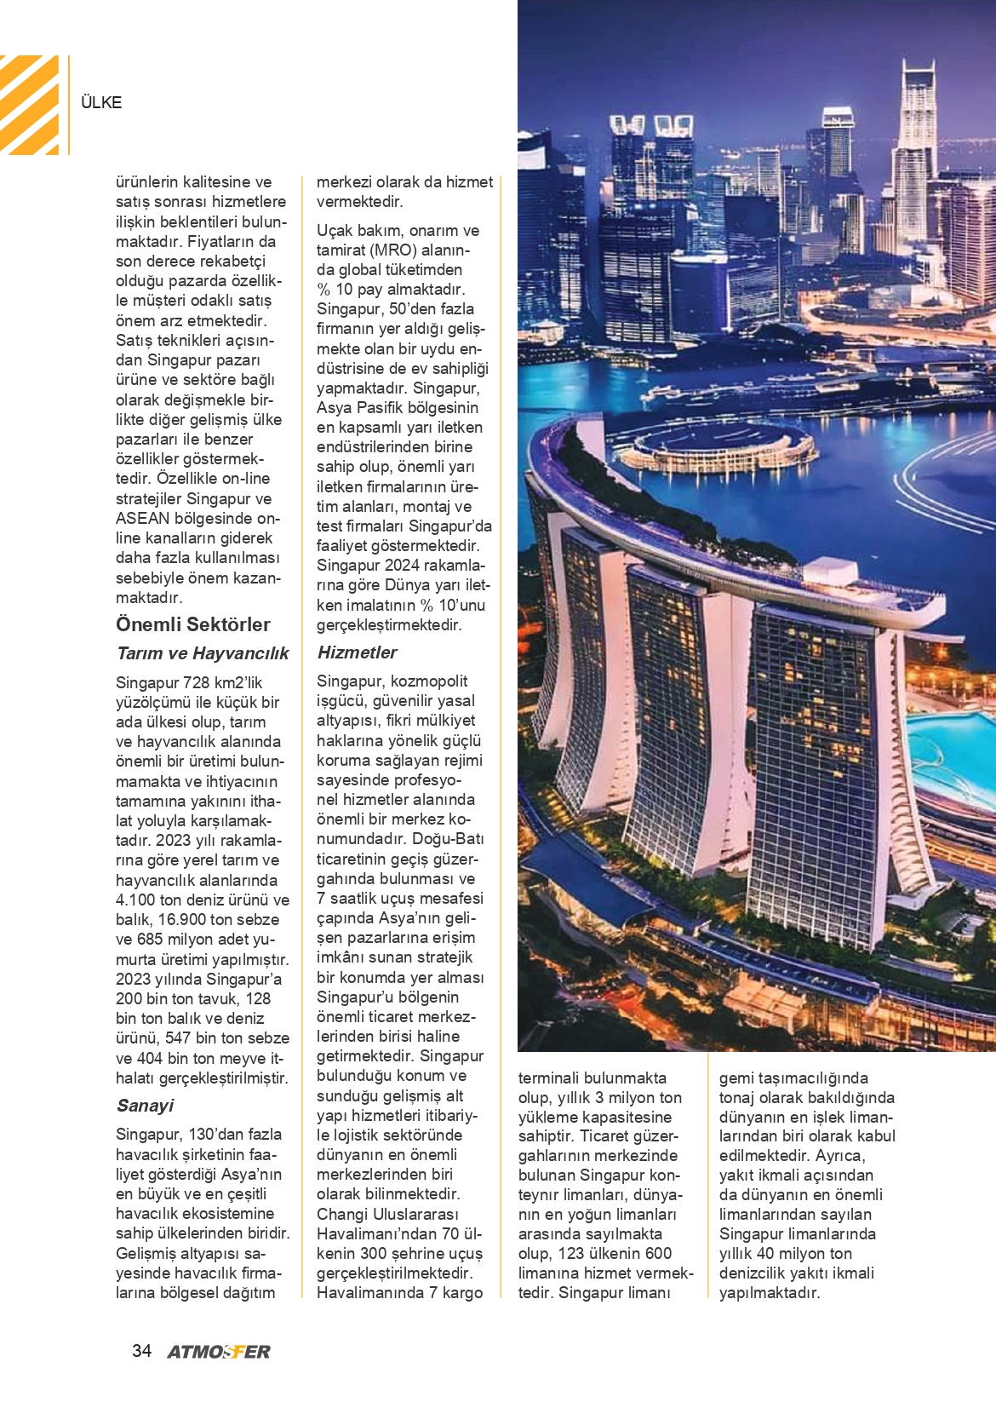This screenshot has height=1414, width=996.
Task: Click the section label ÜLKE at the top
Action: coord(101,102)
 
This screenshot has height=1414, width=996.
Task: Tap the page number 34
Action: coord(141,1351)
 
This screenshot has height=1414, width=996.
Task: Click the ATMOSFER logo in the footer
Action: coord(219,1352)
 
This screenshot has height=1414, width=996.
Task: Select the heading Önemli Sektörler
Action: coord(193,624)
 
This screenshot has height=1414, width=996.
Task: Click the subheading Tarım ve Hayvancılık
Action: coord(203,653)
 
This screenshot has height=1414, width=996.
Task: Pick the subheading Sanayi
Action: coord(145,1106)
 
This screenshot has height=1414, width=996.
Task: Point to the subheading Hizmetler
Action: coord(357,652)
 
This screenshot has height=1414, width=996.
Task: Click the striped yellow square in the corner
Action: coord(29,105)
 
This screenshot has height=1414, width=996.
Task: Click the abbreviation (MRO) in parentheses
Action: coord(393,250)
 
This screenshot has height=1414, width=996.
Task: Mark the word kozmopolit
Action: coord(429,681)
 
